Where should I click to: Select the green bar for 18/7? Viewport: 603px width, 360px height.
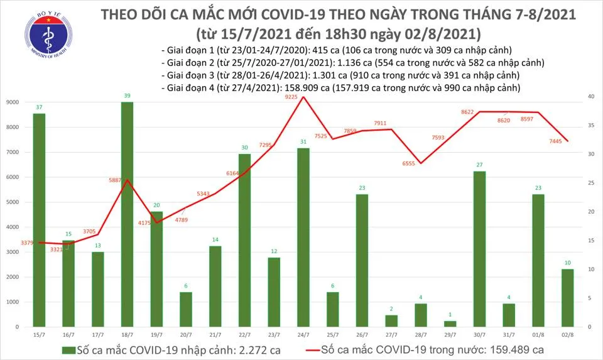[127, 214]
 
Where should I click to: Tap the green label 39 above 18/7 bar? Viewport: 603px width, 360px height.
[127, 95]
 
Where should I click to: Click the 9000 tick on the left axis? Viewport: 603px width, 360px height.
[11, 102]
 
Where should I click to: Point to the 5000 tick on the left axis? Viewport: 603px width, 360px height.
[11, 202]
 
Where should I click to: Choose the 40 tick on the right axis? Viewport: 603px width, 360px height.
[591, 97]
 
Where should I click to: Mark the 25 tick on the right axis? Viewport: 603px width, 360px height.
[591, 183]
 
